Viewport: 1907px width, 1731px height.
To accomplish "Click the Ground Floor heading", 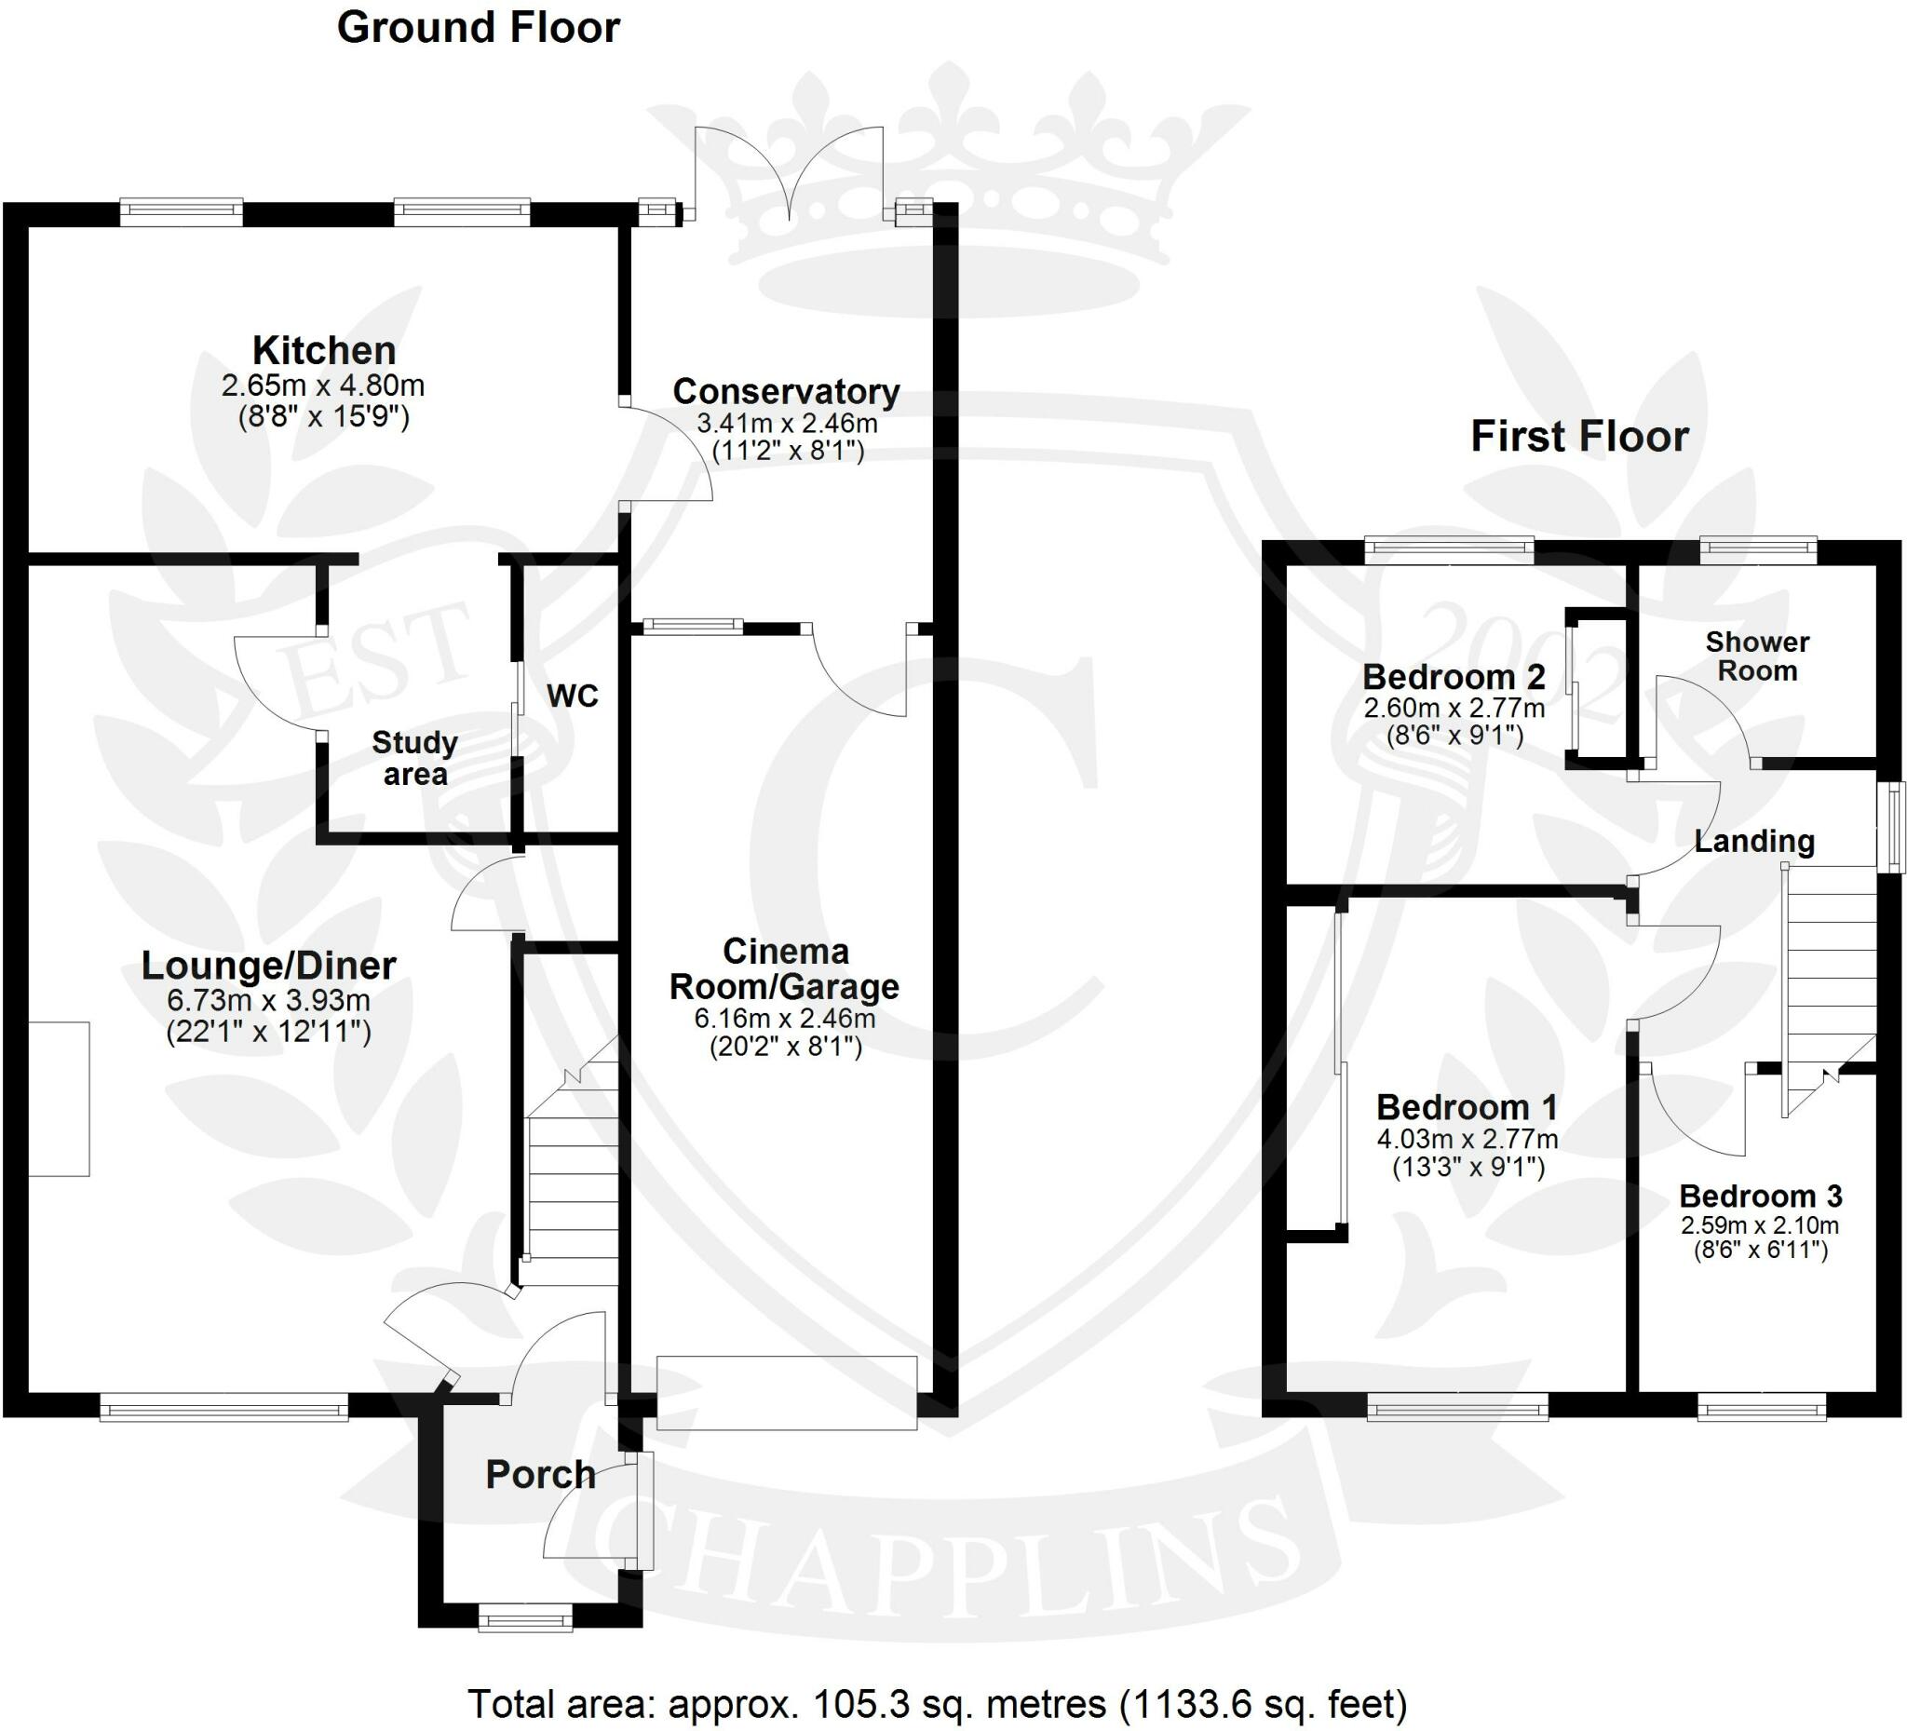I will point(478,27).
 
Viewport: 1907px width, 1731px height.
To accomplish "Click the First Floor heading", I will point(1578,437).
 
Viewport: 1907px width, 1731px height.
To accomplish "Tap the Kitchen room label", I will point(323,351).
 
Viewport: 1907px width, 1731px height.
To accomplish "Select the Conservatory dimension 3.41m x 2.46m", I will point(786,423).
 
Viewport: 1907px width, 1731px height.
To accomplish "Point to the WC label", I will point(573,696).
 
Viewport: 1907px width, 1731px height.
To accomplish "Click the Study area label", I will point(414,759).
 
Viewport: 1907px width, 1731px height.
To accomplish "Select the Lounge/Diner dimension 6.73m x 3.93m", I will point(267,1000).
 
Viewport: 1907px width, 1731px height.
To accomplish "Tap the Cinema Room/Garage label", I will point(784,968).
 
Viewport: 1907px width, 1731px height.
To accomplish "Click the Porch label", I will point(540,1475).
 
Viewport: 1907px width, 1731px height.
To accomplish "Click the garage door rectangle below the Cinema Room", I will point(786,1392).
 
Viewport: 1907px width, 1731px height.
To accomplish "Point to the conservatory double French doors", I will point(789,176).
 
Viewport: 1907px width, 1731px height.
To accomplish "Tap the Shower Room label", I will point(1756,656).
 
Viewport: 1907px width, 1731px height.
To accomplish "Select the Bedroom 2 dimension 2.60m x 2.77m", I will point(1454,708).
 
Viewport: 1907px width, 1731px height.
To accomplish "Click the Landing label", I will point(1753,841).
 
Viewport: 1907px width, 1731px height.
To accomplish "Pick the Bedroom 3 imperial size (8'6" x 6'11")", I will point(1760,1251).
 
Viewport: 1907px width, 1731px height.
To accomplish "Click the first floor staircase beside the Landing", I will point(1828,983).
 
